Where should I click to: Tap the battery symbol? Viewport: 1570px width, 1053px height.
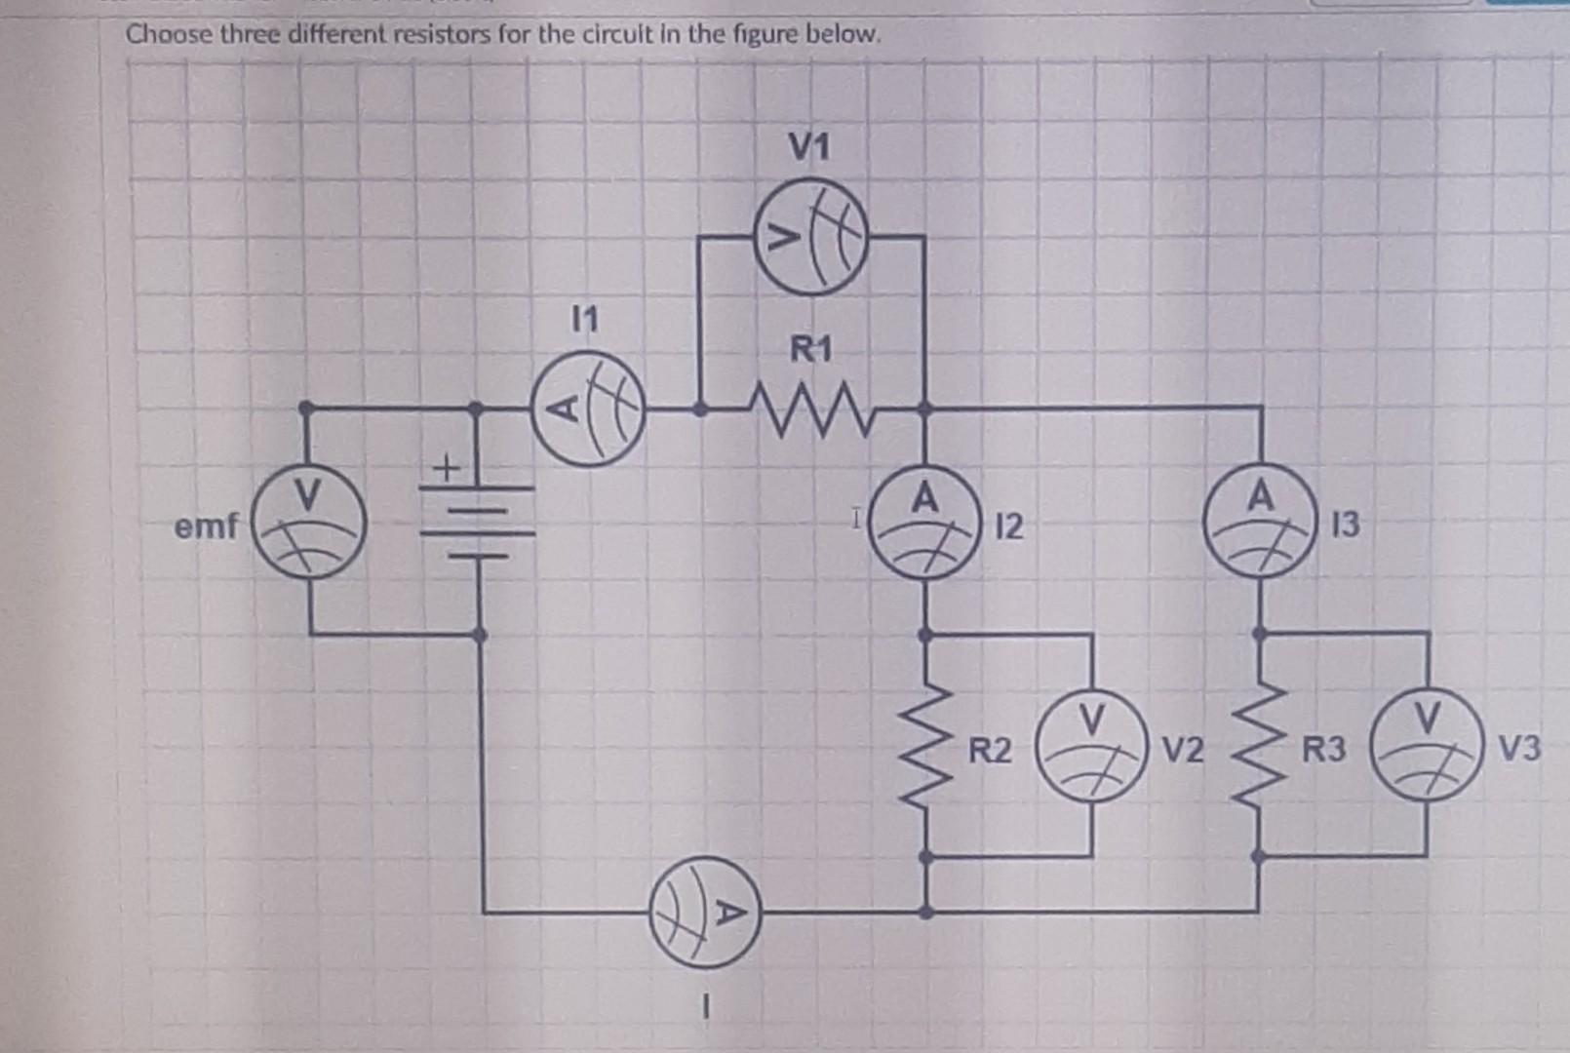tap(478, 524)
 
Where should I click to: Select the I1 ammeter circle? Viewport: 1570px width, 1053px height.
tap(589, 409)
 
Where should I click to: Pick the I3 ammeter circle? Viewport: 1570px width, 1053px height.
tap(1259, 524)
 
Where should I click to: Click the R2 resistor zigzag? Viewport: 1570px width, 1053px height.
tap(927, 747)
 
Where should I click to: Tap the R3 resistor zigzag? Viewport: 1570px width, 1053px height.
tap(1260, 747)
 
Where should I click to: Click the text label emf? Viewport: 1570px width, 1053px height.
tap(206, 527)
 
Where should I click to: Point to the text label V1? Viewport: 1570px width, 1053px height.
tap(809, 148)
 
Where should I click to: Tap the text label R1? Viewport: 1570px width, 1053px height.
tap(811, 348)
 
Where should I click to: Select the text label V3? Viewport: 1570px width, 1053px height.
tap(1519, 749)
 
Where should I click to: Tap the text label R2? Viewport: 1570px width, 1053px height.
tap(990, 752)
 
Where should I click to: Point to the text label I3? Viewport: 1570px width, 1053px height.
tap(1344, 526)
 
